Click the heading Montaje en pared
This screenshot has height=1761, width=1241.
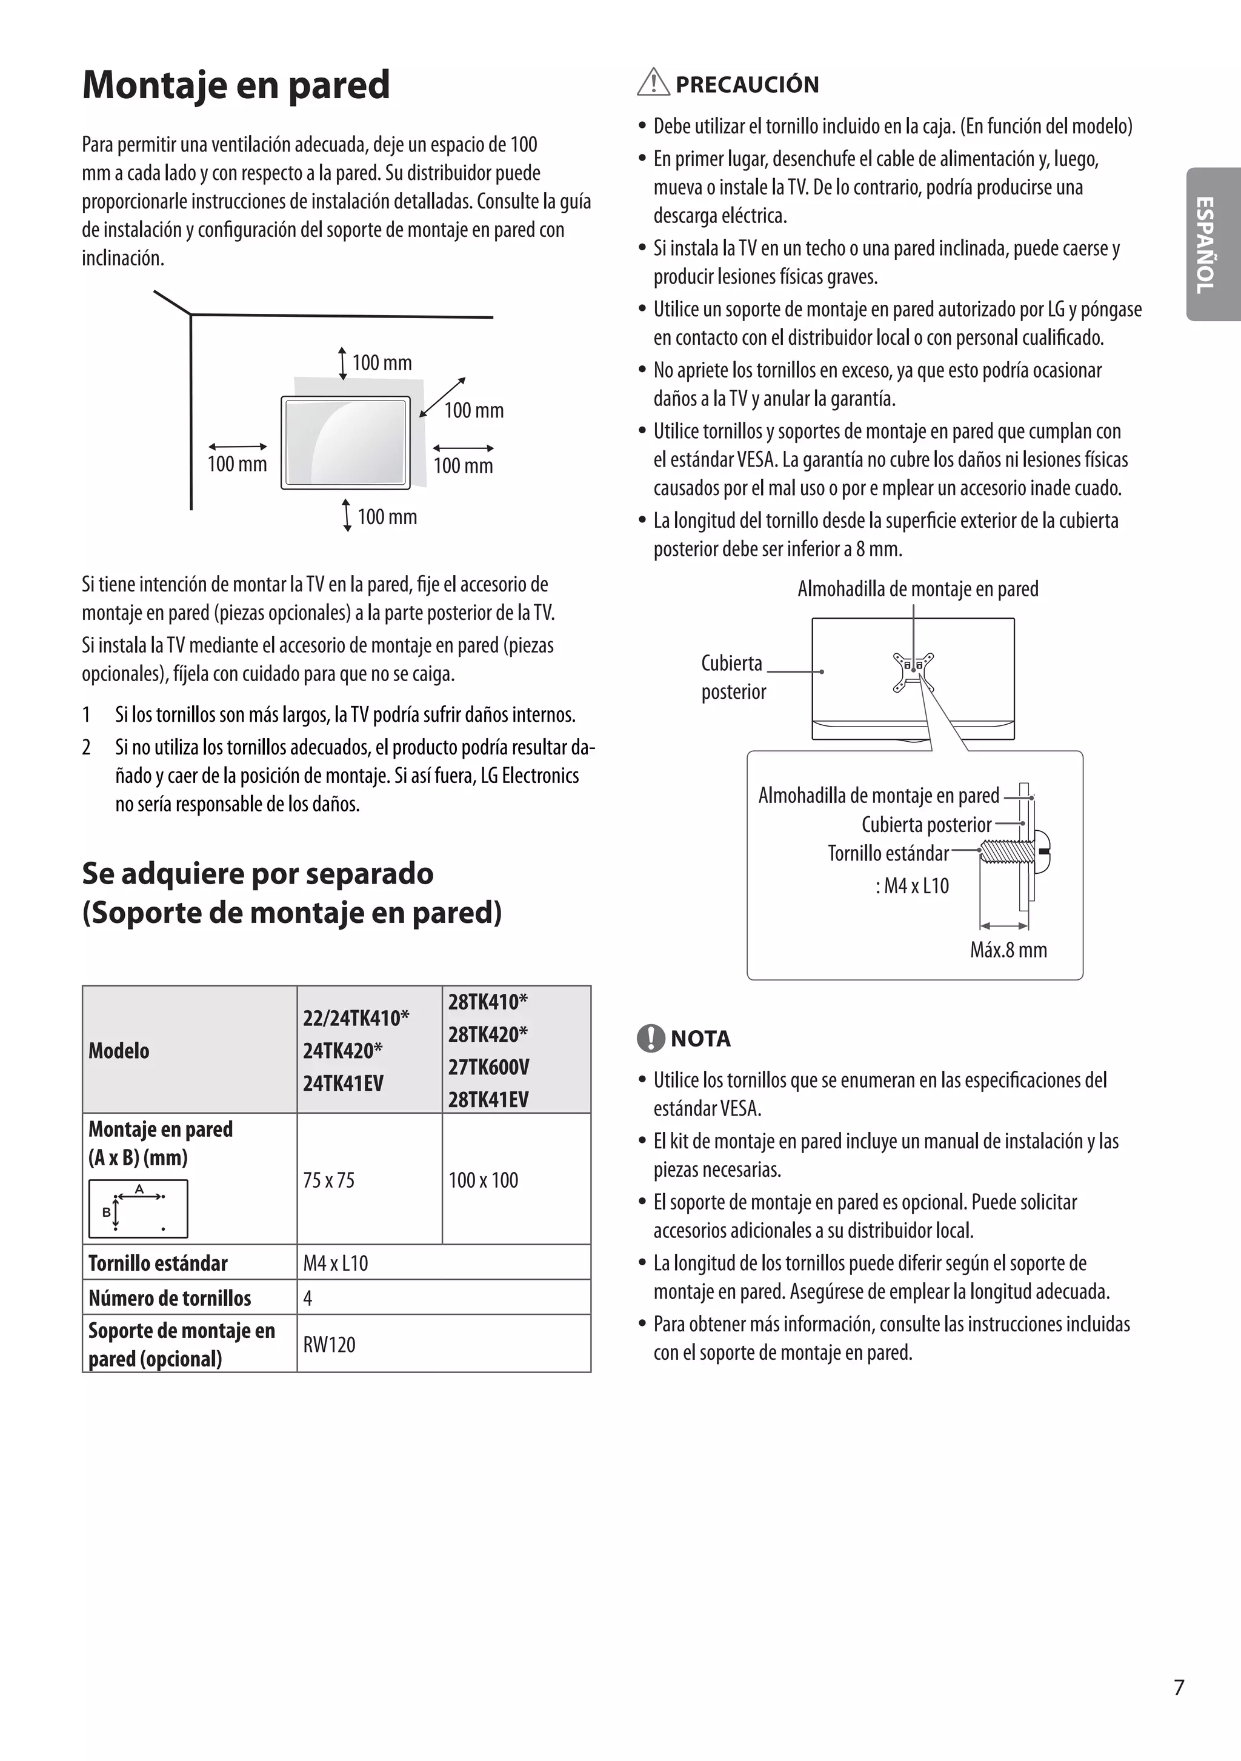(236, 85)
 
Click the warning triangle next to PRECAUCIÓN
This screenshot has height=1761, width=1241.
(653, 82)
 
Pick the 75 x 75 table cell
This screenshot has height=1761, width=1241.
(329, 1180)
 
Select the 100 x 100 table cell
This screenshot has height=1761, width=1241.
(483, 1180)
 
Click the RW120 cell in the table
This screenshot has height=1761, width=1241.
(329, 1345)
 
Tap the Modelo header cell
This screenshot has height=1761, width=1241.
(119, 1050)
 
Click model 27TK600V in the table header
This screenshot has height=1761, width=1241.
(488, 1067)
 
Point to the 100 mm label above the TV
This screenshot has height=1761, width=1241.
(382, 363)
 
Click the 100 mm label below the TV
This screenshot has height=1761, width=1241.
(387, 517)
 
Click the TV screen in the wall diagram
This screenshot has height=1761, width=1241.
(345, 442)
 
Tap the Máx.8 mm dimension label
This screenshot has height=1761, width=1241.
(1008, 950)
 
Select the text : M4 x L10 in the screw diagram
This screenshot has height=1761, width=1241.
(912, 886)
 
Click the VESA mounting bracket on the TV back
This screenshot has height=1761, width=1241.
(913, 672)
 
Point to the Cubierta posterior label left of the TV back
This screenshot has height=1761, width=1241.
(733, 677)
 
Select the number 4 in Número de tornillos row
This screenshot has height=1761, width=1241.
(308, 1299)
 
